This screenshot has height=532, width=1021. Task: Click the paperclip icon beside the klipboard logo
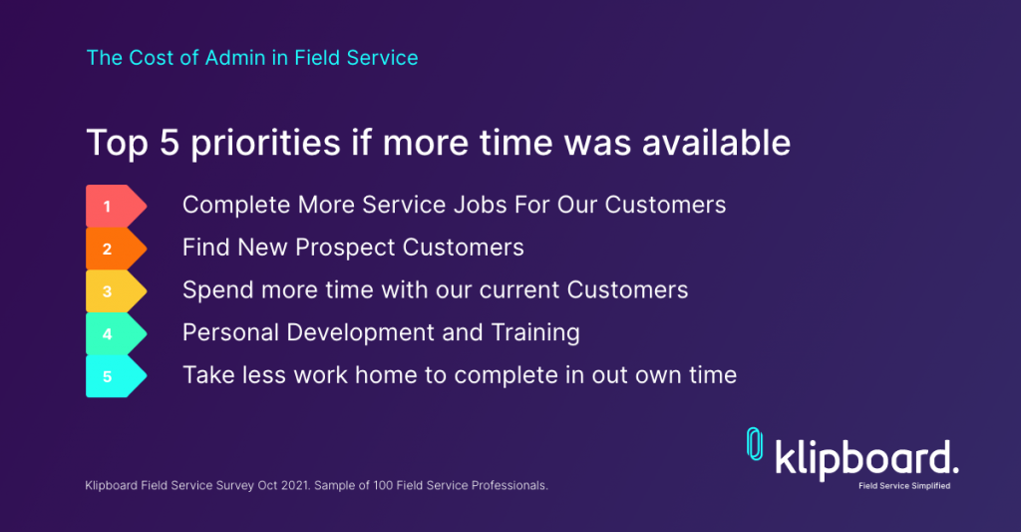(x=755, y=444)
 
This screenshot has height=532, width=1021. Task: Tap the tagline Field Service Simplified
(x=904, y=486)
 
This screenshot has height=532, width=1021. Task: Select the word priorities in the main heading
(x=265, y=144)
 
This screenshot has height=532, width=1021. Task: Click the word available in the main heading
(x=716, y=143)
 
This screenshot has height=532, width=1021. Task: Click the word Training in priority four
(x=535, y=333)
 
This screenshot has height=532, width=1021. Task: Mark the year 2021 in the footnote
(x=295, y=486)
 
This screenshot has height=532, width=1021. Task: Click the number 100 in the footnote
(x=383, y=486)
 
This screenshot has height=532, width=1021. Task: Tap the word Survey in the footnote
(x=234, y=486)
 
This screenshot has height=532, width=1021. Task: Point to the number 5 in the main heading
(x=169, y=143)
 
